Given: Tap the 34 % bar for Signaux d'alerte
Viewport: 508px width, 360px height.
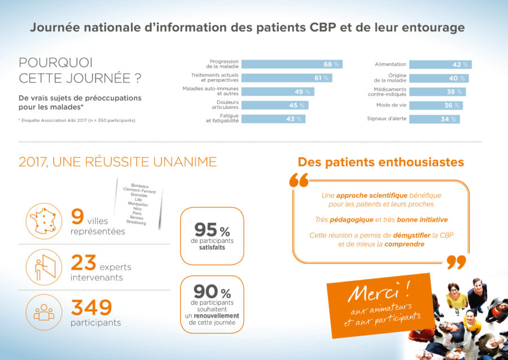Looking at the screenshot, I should point(434,119).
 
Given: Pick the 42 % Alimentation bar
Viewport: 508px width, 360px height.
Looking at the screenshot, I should point(440,64).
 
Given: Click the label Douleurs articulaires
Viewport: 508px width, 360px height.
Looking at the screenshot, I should point(225,105).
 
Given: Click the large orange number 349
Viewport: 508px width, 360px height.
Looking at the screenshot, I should point(91,308).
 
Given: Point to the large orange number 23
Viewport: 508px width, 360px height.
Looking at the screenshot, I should point(83,264).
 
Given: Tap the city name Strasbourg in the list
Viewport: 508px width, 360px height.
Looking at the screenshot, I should point(137,223).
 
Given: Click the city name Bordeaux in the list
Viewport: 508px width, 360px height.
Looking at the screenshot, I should point(140,186).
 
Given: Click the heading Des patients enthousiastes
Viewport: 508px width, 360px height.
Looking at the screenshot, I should point(381,163).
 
